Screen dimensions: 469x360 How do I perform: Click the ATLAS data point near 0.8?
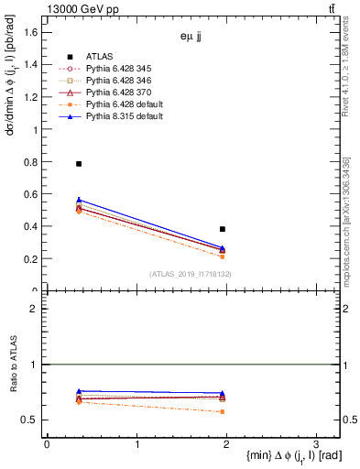coord(79,164)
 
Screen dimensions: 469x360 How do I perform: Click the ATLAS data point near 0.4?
coord(223,229)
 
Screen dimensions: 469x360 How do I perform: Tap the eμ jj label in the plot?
coord(192,38)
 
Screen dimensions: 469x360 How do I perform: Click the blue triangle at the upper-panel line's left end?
coord(79,200)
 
